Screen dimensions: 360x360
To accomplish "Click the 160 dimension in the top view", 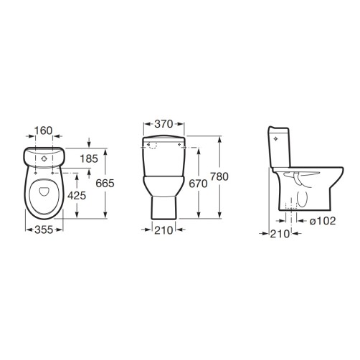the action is click(x=43, y=131).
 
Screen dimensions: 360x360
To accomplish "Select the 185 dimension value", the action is click(x=89, y=158).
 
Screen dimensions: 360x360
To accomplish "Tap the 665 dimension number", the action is click(x=105, y=184).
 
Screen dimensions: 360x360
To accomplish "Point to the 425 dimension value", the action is click(x=77, y=196).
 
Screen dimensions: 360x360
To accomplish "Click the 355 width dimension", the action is click(x=44, y=230).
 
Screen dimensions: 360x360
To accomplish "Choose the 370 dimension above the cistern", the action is click(x=164, y=124).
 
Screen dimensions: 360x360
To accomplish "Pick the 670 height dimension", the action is click(x=198, y=184).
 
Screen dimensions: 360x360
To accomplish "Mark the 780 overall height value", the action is click(x=219, y=176).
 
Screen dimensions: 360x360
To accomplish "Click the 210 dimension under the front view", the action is click(x=164, y=230).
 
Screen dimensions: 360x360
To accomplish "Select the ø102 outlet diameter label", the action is click(x=323, y=221).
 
